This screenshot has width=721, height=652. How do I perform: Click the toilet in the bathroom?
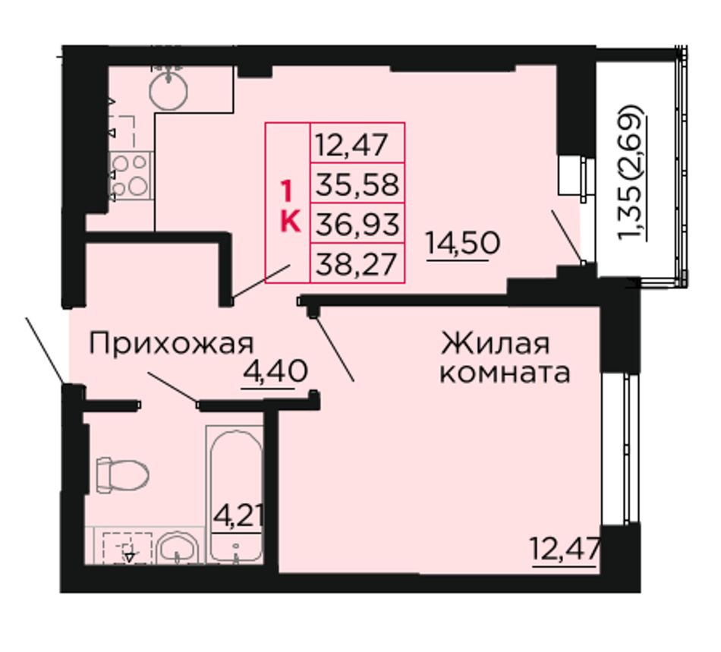point(122,474)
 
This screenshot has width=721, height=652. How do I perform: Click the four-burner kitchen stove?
point(131,176)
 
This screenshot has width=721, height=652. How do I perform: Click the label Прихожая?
point(171,344)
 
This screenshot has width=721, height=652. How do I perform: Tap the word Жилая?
point(496,343)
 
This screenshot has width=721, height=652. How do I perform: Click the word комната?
point(505,373)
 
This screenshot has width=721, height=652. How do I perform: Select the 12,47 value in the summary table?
point(351,144)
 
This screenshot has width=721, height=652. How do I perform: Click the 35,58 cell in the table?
point(357,184)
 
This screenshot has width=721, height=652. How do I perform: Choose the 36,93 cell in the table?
point(357,224)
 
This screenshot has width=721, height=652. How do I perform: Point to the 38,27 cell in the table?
point(357,264)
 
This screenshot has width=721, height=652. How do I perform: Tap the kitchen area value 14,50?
point(463,244)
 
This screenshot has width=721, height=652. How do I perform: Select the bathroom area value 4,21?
point(238,518)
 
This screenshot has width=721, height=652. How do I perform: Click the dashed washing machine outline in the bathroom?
point(128,548)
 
